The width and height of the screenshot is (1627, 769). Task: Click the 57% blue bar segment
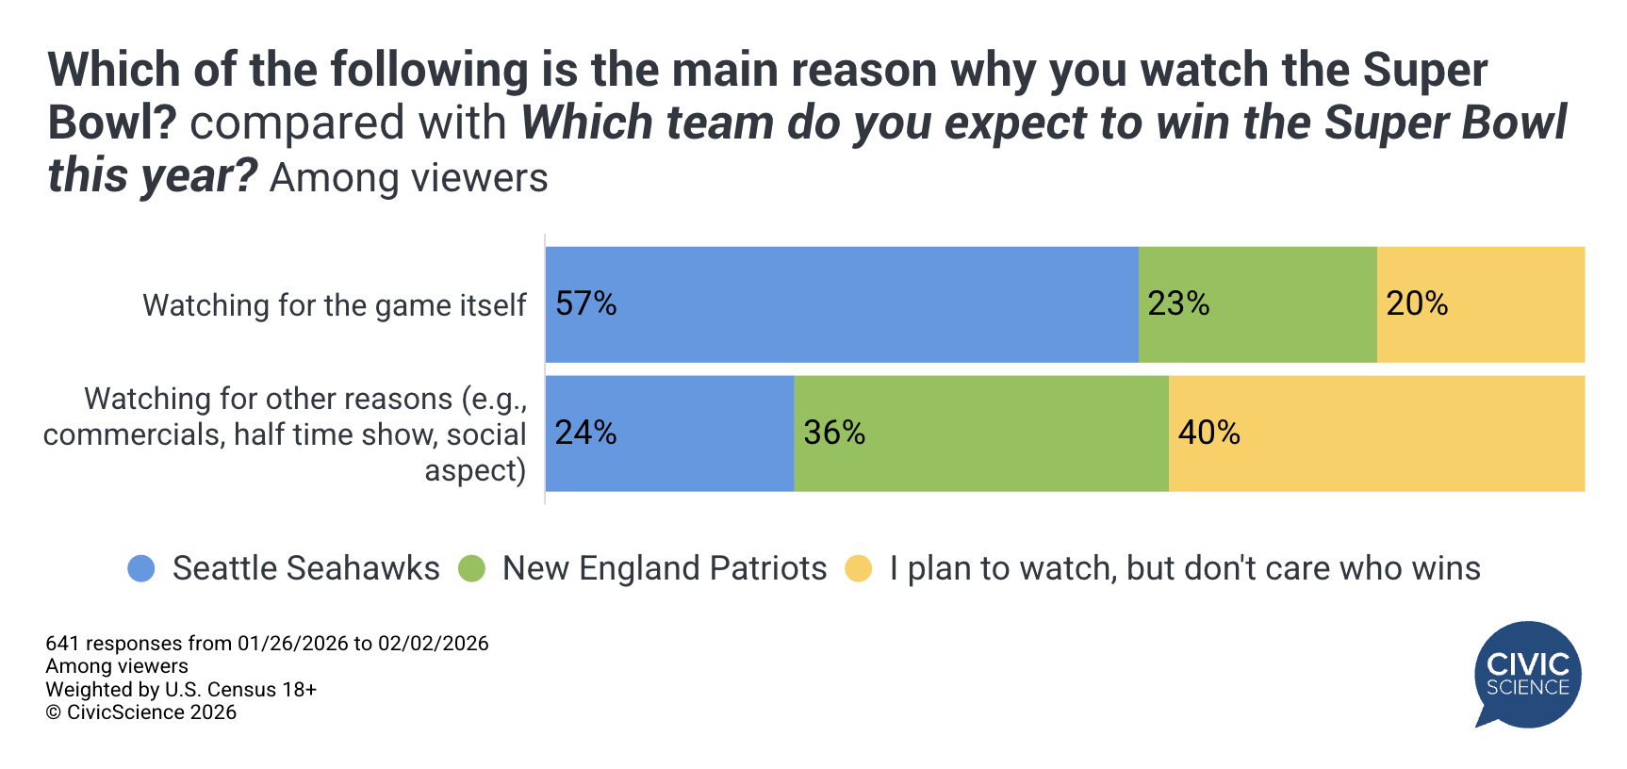[841, 304]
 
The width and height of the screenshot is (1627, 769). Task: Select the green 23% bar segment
[1257, 304]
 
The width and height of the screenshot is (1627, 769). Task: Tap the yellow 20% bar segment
[1480, 304]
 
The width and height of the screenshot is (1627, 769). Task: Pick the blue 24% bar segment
[669, 434]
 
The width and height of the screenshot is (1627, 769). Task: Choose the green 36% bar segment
[980, 434]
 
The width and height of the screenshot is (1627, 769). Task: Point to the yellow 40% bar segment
[1376, 434]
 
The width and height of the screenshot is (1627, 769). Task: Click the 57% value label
[585, 303]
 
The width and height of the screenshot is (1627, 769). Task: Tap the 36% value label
[833, 433]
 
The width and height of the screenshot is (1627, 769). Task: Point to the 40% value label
[1208, 433]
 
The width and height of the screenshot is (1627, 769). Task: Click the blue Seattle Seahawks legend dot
[141, 568]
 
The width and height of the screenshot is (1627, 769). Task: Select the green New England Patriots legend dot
[471, 568]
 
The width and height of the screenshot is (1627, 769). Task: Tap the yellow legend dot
[859, 568]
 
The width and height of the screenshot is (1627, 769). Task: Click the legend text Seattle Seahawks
[305, 568]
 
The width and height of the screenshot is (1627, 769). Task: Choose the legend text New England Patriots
[664, 568]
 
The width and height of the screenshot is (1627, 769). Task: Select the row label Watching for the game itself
[334, 305]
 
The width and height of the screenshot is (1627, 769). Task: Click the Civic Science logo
[1527, 674]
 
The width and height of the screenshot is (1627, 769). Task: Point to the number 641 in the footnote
[62, 644]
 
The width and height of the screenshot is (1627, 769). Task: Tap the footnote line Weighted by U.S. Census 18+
[181, 690]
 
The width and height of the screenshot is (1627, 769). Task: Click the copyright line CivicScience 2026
[141, 712]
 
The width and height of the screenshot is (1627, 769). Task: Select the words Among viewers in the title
[408, 178]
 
